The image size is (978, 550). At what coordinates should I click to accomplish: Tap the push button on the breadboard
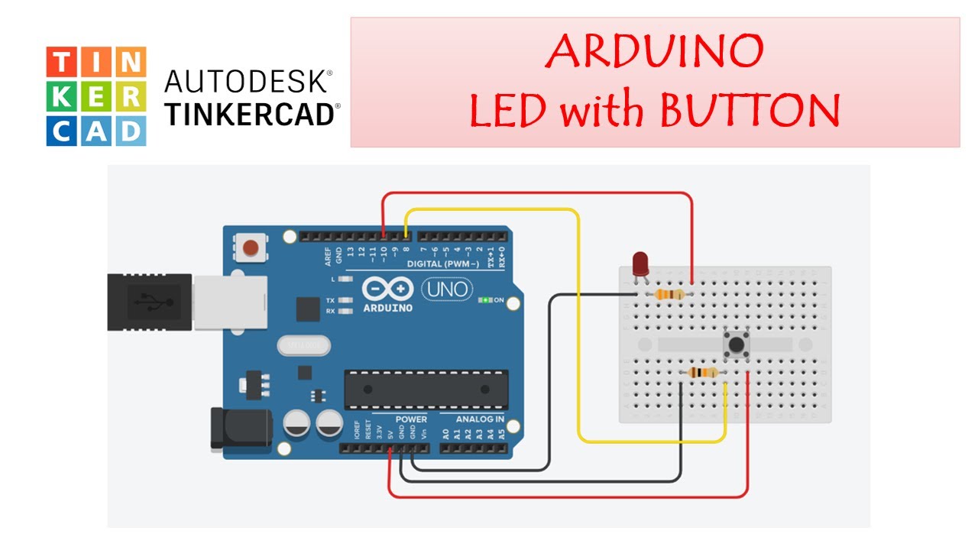click(736, 346)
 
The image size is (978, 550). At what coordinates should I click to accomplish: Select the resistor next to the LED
click(669, 295)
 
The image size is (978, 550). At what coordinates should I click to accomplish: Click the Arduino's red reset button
click(250, 247)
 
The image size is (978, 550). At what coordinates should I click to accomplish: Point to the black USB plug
click(150, 302)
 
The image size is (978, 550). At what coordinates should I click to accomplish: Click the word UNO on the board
click(447, 290)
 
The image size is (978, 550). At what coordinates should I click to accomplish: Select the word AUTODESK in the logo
click(249, 81)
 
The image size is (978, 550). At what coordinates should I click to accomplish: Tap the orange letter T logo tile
click(61, 61)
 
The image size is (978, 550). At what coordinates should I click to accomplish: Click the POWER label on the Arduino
click(411, 419)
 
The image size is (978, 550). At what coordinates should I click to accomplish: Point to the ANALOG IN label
click(480, 419)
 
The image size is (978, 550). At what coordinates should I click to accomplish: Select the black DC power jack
click(240, 429)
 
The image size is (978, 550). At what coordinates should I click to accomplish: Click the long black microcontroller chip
click(415, 389)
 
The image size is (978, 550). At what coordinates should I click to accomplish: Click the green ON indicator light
click(484, 300)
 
